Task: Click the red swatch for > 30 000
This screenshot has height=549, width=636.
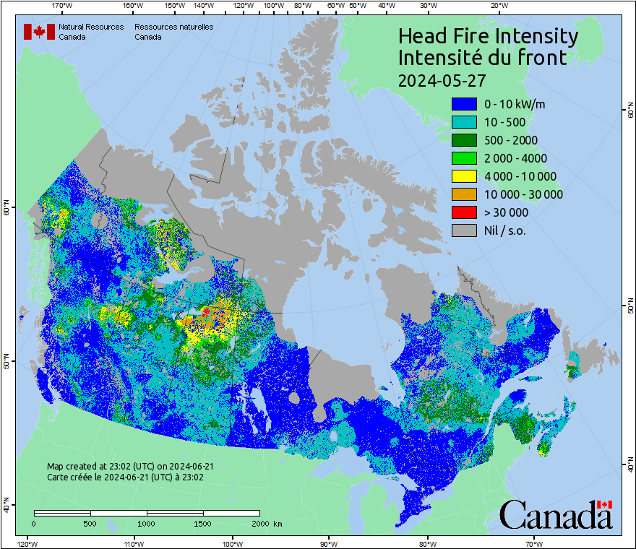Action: (464, 212)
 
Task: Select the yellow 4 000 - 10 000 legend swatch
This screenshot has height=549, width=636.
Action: (464, 176)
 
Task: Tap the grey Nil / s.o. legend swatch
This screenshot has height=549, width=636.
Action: (464, 230)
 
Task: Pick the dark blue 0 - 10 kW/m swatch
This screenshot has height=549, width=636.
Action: (464, 104)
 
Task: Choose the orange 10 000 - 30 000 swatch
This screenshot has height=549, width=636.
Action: (464, 194)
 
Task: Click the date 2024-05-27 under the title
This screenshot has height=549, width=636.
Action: (442, 79)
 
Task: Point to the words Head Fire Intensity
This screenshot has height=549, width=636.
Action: (488, 36)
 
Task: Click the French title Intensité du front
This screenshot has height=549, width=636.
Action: (482, 58)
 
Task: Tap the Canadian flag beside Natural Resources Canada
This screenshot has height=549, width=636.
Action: (39, 32)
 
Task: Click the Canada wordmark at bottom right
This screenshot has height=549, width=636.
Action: (556, 514)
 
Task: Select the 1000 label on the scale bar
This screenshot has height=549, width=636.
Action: (147, 523)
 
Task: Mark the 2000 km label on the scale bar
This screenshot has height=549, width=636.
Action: (265, 523)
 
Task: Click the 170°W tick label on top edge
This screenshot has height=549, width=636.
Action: (63, 6)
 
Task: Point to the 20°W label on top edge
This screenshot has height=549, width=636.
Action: (498, 6)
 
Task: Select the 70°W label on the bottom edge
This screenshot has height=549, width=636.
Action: (534, 543)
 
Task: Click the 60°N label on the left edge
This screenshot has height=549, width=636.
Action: (6, 209)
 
